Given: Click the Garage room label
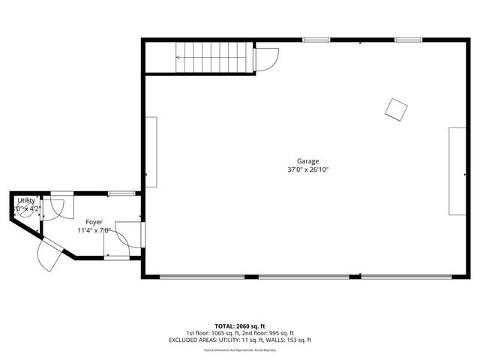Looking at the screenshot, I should [307, 161].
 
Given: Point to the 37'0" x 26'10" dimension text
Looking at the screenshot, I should [307, 170].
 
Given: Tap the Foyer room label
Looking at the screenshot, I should [94, 222].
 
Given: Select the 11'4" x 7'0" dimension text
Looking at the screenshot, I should [94, 231].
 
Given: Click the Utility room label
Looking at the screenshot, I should [26, 201].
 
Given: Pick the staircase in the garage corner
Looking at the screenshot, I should [211, 57].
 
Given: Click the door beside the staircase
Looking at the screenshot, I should [266, 59].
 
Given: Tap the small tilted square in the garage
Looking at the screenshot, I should [396, 109].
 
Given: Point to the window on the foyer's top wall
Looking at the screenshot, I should [121, 193].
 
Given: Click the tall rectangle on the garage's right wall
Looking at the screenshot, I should [457, 172].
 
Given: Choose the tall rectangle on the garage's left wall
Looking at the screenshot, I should [151, 151].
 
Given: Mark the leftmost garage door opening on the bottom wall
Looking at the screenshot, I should [202, 277].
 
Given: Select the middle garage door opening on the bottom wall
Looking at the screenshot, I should [304, 277].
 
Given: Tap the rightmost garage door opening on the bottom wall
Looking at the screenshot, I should [406, 277].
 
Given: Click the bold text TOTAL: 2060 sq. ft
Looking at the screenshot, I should [240, 326].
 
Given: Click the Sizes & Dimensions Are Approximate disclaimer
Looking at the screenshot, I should [240, 349].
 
